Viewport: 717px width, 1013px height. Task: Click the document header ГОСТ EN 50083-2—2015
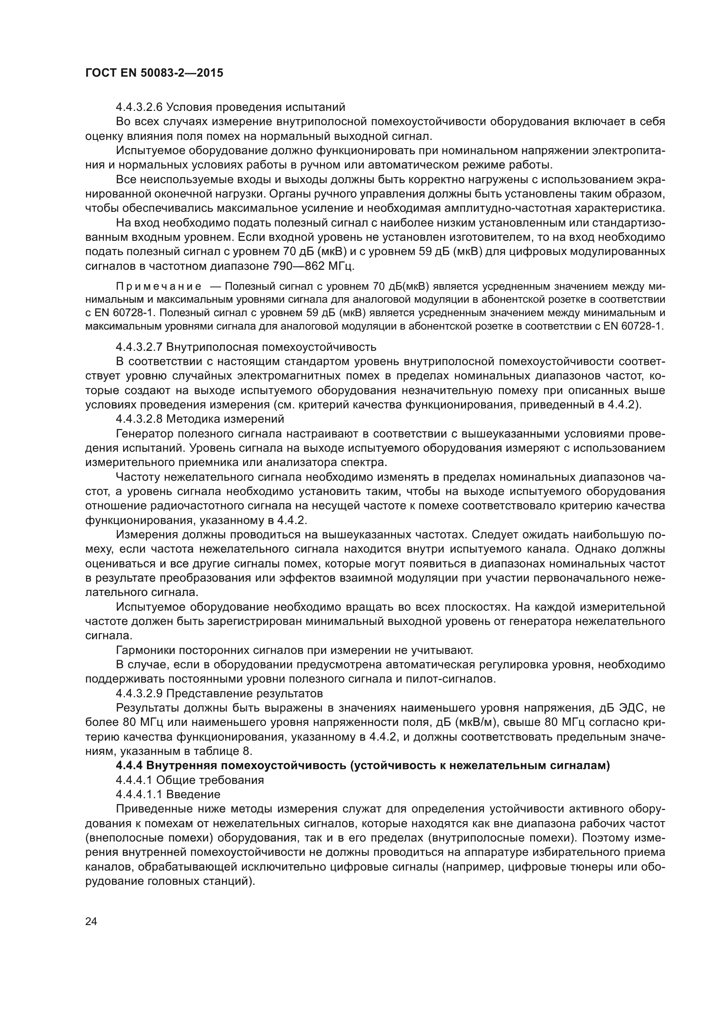(154, 73)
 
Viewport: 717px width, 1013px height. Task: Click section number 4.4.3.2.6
(139, 107)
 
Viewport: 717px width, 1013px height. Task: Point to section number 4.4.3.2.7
(139, 347)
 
